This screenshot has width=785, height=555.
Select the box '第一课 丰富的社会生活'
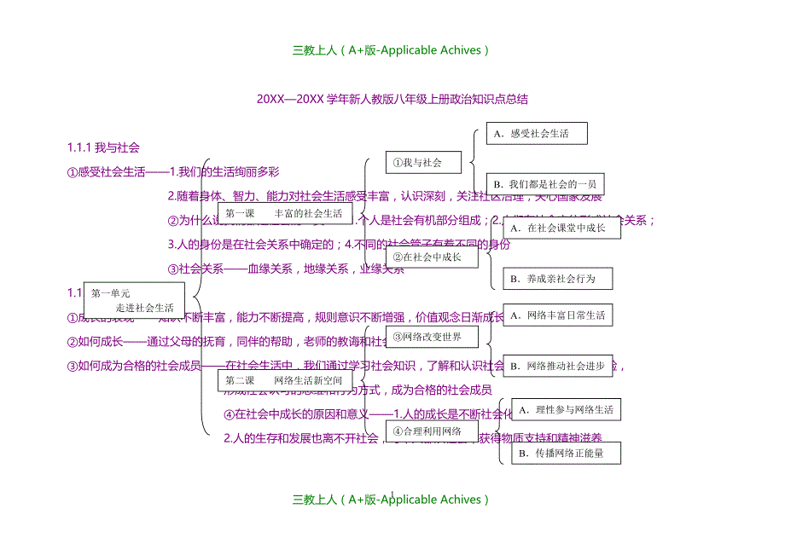pyautogui.click(x=284, y=213)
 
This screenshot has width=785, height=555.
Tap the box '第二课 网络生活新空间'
pyautogui.click(x=284, y=380)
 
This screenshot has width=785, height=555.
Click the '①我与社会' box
pyautogui.click(x=424, y=162)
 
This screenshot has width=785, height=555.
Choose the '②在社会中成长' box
pyautogui.click(x=431, y=257)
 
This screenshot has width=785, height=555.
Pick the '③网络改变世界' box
pyautogui.click(x=438, y=337)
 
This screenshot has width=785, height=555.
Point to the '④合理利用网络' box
pyautogui.click(x=432, y=431)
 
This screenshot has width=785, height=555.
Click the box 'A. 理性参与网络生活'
pyautogui.click(x=566, y=409)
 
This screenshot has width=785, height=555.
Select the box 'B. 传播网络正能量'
pyautogui.click(x=566, y=454)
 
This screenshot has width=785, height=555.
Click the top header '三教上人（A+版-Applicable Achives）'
pyautogui.click(x=392, y=50)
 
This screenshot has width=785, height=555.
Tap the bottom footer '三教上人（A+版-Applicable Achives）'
pyautogui.click(x=392, y=500)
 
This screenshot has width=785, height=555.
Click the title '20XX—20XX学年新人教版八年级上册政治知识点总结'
pyautogui.click(x=392, y=99)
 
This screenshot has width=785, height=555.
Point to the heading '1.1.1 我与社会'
pyautogui.click(x=103, y=147)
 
